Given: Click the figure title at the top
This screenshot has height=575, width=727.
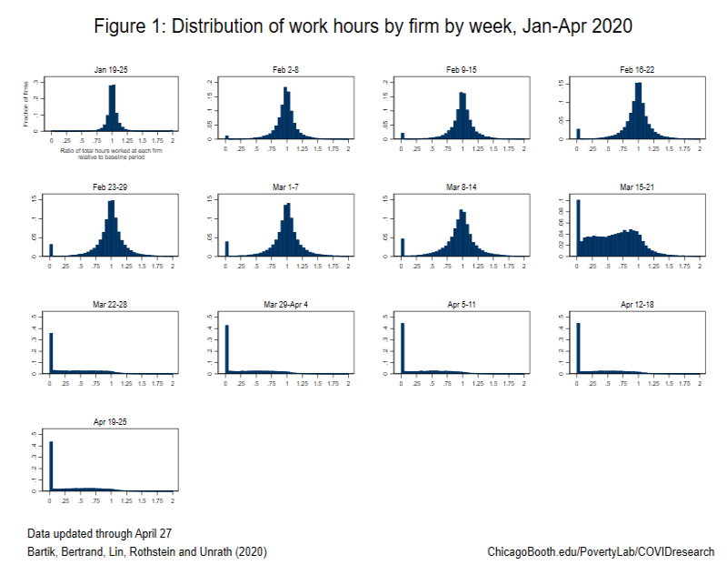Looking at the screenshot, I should click(x=363, y=27).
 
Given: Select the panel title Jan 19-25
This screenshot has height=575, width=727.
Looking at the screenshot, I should click(x=112, y=70).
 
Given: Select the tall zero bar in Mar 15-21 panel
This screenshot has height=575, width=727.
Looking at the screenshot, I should click(x=578, y=227).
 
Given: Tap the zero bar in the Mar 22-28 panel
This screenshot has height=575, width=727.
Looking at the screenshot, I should click(x=51, y=353).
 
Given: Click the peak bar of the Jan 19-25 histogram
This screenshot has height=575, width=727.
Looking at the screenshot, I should click(x=112, y=108).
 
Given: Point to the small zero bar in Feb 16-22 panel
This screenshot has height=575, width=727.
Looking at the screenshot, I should click(x=578, y=134).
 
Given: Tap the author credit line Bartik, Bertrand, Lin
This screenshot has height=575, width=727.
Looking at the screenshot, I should click(x=147, y=551).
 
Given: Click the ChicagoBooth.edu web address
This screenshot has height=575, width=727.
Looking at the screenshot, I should click(x=601, y=551).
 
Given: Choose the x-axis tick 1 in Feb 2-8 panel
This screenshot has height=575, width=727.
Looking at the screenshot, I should click(x=287, y=146).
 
